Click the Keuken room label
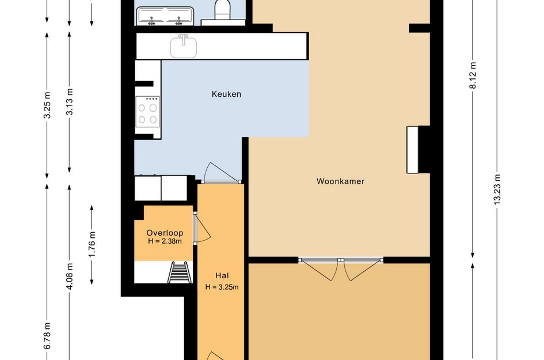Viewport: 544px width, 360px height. tap(226, 94)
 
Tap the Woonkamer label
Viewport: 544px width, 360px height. tap(340, 181)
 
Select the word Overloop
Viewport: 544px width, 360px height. tap(165, 233)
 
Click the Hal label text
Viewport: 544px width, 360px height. tap(222, 276)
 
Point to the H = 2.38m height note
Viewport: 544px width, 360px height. tap(165, 241)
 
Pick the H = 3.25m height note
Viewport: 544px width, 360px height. tap(222, 287)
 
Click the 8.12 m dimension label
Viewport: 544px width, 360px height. tap(473, 75)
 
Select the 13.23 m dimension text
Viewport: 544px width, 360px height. tap(497, 189)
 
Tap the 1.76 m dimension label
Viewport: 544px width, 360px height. tap(92, 244)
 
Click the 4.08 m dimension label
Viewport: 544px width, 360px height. tap(70, 276)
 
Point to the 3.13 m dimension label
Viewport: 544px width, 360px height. tap(70, 102)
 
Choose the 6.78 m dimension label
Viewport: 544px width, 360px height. tap(47, 336)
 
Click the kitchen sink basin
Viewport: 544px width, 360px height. tap(184, 47)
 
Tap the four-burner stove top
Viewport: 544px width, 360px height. tap(148, 112)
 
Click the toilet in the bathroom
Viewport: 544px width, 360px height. tap(223, 9)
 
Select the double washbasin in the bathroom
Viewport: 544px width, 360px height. tap(165, 16)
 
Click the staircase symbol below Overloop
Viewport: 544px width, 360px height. tap(179, 272)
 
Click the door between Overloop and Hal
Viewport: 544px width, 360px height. tap(202, 228)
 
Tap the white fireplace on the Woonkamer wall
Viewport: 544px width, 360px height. tap(413, 150)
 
